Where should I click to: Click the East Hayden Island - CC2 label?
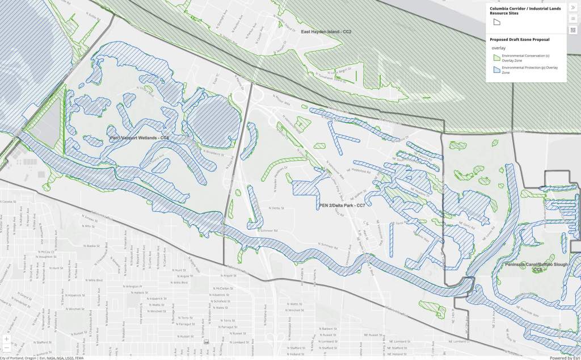(326, 32)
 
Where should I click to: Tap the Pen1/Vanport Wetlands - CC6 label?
(140, 138)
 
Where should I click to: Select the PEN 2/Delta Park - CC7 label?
(342, 205)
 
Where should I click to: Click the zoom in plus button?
(6, 338)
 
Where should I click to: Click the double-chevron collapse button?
(573, 7)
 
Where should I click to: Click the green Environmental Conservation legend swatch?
(496, 57)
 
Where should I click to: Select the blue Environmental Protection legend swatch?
(496, 69)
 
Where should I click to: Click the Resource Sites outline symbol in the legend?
(496, 22)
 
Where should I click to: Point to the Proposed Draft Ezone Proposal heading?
(519, 40)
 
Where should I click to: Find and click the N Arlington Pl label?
(132, 286)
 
